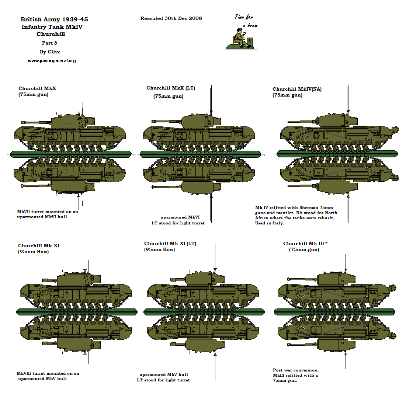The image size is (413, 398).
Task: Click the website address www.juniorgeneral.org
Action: (52, 61)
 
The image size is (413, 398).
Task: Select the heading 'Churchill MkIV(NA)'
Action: (297, 89)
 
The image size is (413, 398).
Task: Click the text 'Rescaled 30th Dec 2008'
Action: (171, 18)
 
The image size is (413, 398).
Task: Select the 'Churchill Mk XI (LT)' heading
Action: (170, 244)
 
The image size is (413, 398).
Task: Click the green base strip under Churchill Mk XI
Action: (77, 312)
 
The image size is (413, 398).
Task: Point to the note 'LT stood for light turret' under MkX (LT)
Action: (178, 223)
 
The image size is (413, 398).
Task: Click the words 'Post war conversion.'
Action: (296, 370)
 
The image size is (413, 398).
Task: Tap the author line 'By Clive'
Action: (50, 52)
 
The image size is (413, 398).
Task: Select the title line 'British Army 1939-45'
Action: (54, 19)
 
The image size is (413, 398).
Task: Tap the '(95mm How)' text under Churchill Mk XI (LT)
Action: (159, 249)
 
